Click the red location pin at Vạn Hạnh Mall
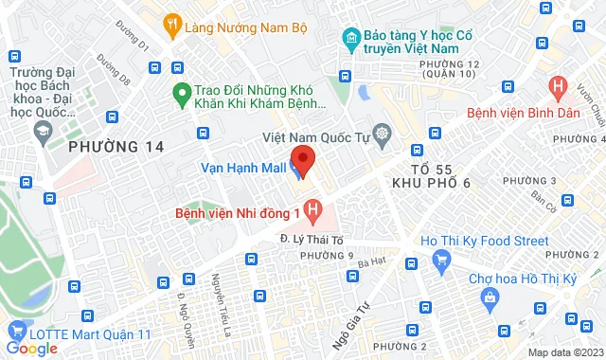303,158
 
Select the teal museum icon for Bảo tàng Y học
350,40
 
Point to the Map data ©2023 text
563,352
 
